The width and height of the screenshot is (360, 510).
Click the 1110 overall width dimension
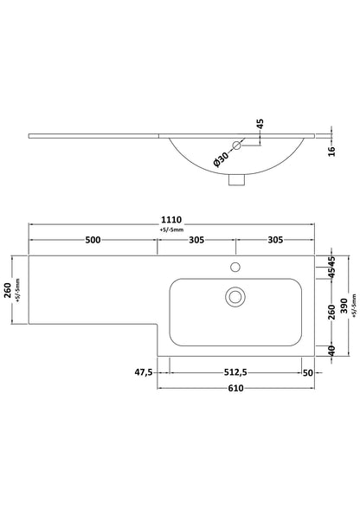[171, 220]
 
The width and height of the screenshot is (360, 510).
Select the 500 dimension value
[93, 240]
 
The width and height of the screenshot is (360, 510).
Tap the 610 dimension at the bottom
[235, 388]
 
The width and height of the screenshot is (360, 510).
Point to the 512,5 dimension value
[235, 372]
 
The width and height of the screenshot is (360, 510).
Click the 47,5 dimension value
[144, 372]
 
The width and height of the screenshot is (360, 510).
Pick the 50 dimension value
[307, 372]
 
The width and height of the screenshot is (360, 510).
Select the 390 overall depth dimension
[344, 306]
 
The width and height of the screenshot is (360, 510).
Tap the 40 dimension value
[331, 350]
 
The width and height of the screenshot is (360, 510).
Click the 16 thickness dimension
[331, 152]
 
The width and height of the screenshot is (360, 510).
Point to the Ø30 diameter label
[222, 159]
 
